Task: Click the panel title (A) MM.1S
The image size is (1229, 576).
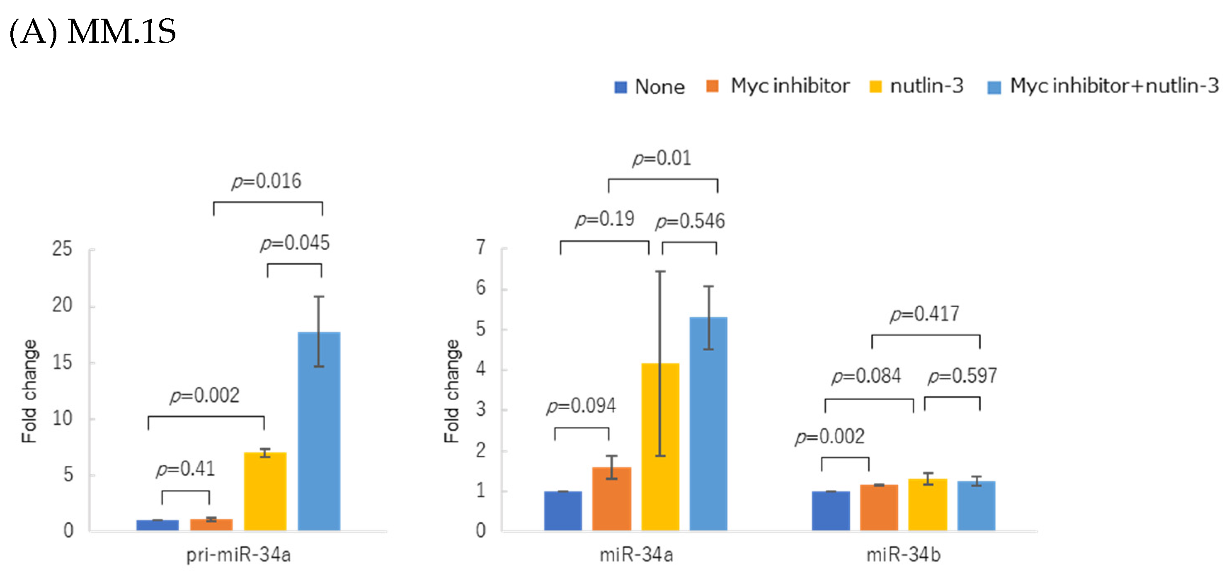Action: (93, 32)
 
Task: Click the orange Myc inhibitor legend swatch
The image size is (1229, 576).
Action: (712, 86)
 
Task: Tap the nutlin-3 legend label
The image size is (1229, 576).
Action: (926, 86)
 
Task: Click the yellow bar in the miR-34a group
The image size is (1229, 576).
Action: (660, 446)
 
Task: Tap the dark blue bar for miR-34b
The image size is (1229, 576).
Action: (831, 510)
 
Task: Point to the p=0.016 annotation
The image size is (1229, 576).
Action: (267, 181)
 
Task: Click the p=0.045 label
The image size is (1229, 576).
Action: (295, 243)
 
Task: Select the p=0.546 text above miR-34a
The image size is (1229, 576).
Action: (690, 221)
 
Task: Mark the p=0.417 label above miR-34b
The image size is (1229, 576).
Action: (924, 314)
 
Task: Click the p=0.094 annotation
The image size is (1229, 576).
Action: (581, 406)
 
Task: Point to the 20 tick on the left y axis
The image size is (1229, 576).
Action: (63, 306)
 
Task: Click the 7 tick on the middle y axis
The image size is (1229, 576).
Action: (480, 247)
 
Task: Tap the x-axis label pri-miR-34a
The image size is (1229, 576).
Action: (239, 555)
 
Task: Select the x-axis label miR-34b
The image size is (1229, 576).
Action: (903, 555)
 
